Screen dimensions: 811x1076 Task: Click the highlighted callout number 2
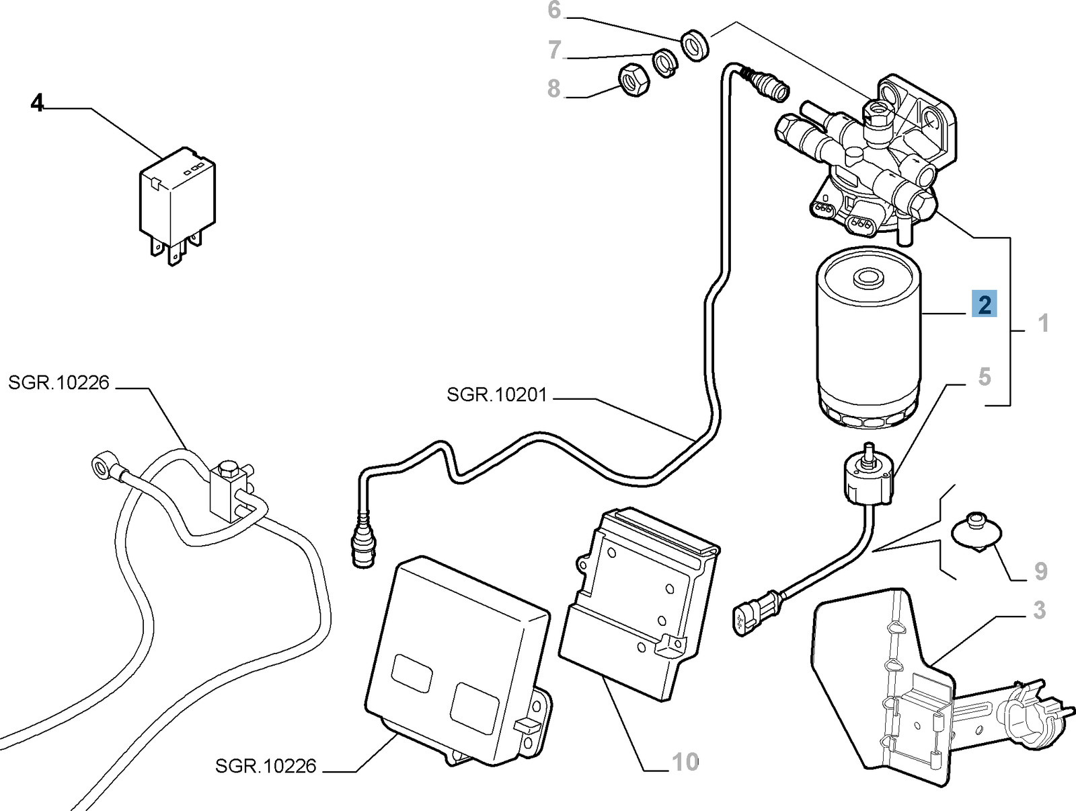coord(985,305)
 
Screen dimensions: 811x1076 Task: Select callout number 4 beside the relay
coord(37,103)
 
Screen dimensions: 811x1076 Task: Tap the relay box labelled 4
coord(176,199)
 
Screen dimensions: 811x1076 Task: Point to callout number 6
coord(554,10)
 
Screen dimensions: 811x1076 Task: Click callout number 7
coord(554,50)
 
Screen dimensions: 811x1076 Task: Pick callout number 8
coord(553,88)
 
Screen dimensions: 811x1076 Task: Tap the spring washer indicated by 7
coord(665,63)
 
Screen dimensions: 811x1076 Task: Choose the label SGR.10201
coord(497,394)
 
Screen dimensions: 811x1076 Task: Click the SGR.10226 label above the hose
coord(59,382)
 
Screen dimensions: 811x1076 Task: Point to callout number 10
coord(685,762)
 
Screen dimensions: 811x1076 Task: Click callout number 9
coord(1040,571)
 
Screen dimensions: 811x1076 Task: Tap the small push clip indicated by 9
coord(976,532)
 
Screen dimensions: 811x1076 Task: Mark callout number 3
coord(1039,610)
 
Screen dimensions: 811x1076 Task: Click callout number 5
coord(985,377)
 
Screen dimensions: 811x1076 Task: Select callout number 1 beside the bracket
coord(1043,324)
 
